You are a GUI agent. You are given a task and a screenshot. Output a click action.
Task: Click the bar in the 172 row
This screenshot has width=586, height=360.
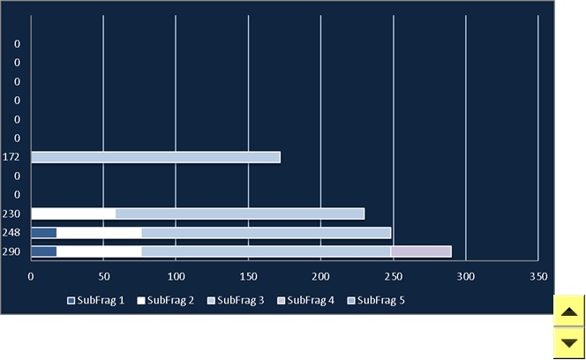click(x=156, y=157)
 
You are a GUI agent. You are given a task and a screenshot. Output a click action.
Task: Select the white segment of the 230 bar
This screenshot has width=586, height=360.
click(x=73, y=214)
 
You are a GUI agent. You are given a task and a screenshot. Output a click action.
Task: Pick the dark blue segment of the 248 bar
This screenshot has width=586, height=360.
click(x=44, y=233)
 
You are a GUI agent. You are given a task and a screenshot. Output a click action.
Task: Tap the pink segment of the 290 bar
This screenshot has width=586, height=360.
click(x=421, y=251)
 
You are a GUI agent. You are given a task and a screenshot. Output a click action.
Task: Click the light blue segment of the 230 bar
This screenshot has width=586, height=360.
click(x=240, y=214)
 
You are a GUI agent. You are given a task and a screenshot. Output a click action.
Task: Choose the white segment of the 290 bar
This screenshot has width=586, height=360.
click(x=99, y=251)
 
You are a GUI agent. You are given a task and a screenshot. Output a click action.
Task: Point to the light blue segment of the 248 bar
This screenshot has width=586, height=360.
click(x=267, y=233)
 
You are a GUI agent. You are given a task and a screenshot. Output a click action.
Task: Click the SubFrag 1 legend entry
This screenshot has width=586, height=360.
click(x=95, y=301)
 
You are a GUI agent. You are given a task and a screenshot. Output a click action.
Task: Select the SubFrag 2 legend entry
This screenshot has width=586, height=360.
click(x=166, y=301)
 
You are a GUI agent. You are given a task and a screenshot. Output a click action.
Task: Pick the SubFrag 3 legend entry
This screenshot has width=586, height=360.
click(x=236, y=301)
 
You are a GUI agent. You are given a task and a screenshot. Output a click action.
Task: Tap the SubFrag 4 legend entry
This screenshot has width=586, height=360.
click(x=305, y=301)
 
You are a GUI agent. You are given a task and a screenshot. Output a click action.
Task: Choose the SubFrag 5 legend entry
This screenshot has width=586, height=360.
click(x=376, y=301)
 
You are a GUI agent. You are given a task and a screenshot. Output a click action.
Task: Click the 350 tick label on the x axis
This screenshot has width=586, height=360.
click(x=538, y=277)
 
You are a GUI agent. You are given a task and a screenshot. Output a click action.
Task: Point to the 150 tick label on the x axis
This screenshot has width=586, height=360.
click(x=249, y=277)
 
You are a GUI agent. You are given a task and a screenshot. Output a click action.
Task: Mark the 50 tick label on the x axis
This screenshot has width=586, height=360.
click(x=104, y=277)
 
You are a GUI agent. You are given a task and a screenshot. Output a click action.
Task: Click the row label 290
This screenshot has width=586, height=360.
click(x=11, y=251)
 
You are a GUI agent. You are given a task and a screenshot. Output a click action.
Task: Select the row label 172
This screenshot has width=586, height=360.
click(x=11, y=157)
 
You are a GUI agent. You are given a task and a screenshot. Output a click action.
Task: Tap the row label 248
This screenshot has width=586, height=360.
click(x=11, y=233)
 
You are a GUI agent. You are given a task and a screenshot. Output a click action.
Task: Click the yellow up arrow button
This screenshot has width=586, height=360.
click(x=569, y=311)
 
